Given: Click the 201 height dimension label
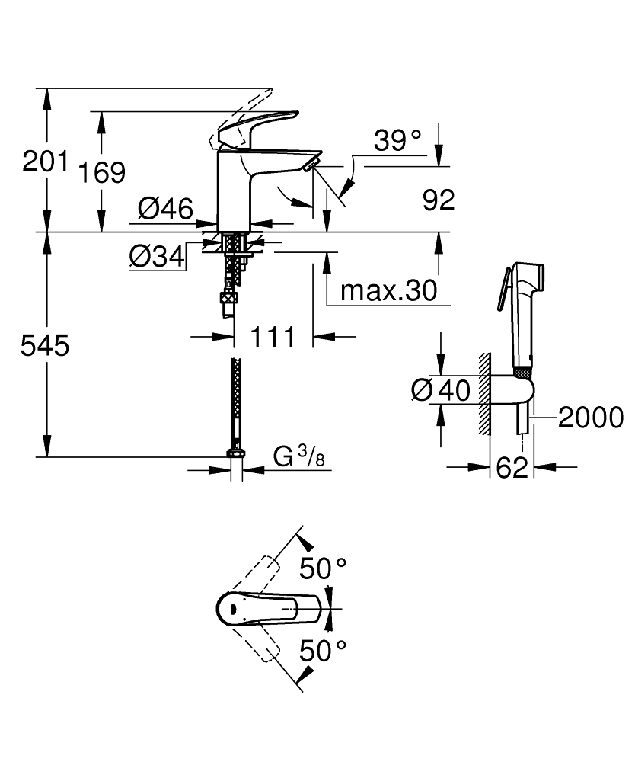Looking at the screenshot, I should pos(45,162).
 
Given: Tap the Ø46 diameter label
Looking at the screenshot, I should pos(165,208).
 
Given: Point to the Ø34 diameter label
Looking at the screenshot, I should pos(158,258).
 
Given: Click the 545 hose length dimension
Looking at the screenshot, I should pos(45,346).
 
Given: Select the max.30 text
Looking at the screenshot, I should pos(388,290).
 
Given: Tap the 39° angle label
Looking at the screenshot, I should pos(398,140).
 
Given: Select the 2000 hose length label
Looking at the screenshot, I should pos(590,417).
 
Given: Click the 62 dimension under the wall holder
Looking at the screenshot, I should pos(512,468).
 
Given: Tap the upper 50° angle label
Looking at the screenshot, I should pos(322,568).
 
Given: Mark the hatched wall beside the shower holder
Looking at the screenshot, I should pos(483,394).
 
